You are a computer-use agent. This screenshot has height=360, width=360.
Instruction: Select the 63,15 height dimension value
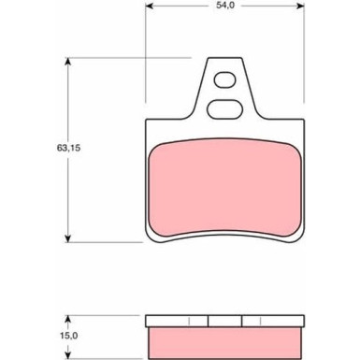pyautogui.click(x=68, y=148)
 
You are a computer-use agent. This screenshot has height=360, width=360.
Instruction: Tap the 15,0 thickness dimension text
pyautogui.click(x=68, y=336)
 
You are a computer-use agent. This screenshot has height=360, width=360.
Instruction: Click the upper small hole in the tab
pyautogui.click(x=225, y=80)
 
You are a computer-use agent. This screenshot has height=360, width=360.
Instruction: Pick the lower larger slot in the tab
pyautogui.click(x=224, y=109)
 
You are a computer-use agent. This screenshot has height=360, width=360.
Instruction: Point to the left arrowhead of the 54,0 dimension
pyautogui.click(x=150, y=6)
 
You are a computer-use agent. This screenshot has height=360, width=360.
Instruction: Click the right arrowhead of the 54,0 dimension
pyautogui.click(x=300, y=6)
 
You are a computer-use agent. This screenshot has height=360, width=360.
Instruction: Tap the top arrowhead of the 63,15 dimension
pyautogui.click(x=67, y=62)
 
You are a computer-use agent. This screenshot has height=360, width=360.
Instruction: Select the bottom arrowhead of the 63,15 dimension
pyautogui.click(x=67, y=238)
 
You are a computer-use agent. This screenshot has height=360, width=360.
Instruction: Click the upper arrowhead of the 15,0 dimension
pyautogui.click(x=67, y=319)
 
